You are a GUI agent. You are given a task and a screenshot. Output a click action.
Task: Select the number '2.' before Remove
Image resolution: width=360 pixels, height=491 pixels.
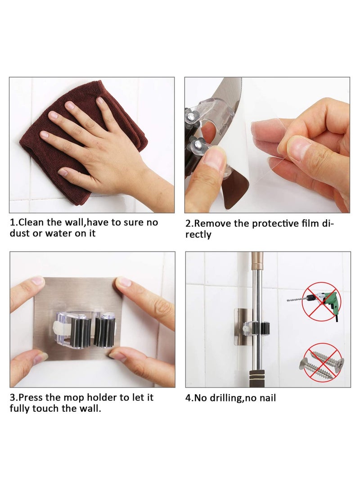189,223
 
